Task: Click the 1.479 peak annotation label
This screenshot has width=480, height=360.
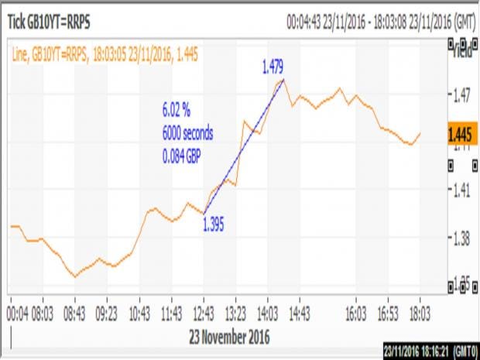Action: click(273, 67)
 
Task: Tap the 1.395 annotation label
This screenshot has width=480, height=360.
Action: click(213, 224)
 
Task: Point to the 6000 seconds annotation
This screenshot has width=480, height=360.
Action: click(187, 132)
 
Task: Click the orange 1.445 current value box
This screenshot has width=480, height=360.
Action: click(461, 133)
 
